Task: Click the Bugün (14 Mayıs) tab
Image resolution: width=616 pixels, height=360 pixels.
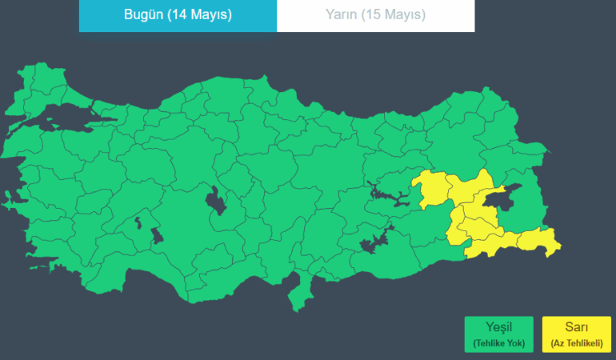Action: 178,15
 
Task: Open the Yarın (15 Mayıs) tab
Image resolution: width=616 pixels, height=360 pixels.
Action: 375,15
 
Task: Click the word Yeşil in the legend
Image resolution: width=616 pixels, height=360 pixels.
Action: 498,327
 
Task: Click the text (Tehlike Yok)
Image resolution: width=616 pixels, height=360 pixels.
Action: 498,342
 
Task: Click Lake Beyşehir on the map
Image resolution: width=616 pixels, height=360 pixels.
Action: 157,236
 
